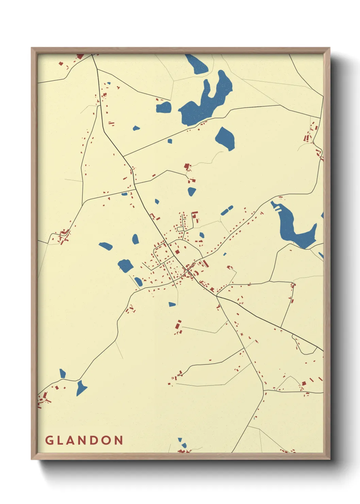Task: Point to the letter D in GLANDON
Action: [x=101, y=440]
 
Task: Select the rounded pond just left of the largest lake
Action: [x=164, y=108]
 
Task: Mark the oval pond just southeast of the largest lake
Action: [x=225, y=139]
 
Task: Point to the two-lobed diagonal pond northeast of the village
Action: [x=227, y=210]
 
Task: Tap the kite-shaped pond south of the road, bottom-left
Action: [x=81, y=388]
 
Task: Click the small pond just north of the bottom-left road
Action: [x=62, y=373]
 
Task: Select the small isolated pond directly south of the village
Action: [x=172, y=304]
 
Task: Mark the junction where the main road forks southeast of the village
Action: [x=217, y=296]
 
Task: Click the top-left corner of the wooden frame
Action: [x=32, y=48]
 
